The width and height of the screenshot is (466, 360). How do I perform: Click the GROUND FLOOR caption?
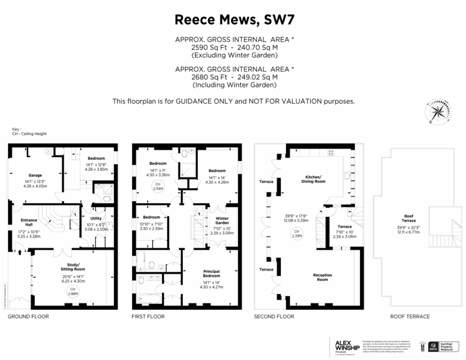pyautogui.click(x=28, y=316)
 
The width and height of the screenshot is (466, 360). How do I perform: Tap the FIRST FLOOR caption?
pyautogui.click(x=148, y=316)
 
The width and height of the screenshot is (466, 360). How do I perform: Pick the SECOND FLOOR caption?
pyautogui.click(x=274, y=316)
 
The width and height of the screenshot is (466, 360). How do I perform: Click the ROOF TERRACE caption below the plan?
pyautogui.click(x=410, y=316)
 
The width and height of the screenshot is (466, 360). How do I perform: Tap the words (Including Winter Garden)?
pyautogui.click(x=234, y=85)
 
